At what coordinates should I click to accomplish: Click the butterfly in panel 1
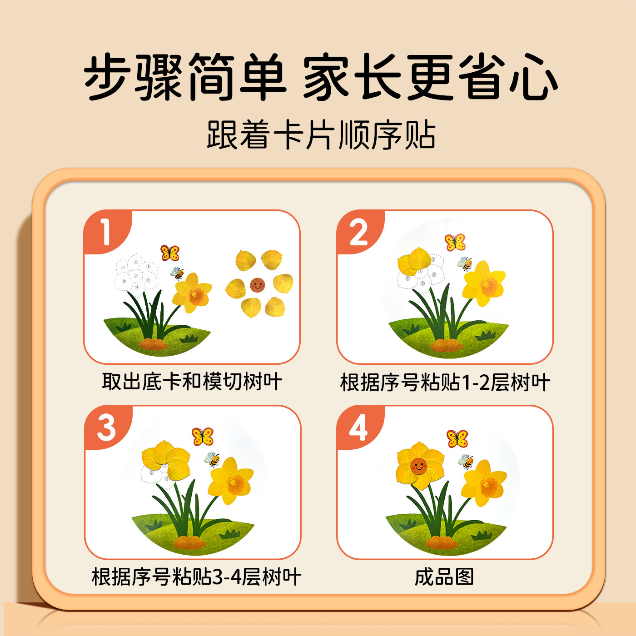170,253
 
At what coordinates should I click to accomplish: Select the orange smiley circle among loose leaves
257,285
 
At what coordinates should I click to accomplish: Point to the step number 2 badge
359,233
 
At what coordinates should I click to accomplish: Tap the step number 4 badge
359,427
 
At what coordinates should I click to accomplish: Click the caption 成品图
444,577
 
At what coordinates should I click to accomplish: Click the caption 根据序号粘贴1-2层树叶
445,382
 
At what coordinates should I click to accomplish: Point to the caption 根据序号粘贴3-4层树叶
196,577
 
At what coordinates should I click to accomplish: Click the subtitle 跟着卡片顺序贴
321,135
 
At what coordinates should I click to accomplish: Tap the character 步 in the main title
109,76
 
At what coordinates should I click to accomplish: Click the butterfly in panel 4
457,438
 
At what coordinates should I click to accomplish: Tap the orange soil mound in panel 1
153,343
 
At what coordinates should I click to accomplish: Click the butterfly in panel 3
203,437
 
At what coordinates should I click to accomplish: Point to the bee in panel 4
466,462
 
